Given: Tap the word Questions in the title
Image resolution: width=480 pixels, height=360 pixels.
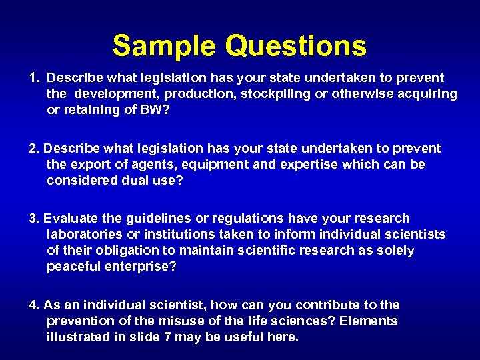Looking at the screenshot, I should click(x=295, y=46).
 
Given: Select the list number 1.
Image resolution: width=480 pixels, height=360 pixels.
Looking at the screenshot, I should click(x=34, y=78).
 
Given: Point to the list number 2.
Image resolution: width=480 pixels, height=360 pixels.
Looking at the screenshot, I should click(x=33, y=148).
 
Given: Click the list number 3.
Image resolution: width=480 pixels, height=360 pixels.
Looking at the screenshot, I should click(x=33, y=218).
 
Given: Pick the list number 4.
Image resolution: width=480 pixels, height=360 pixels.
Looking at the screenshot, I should click(x=33, y=305).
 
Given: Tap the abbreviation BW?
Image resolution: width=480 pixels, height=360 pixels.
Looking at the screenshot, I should click(x=155, y=110).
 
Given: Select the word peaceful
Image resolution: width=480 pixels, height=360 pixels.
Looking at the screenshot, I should click(x=73, y=267).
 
